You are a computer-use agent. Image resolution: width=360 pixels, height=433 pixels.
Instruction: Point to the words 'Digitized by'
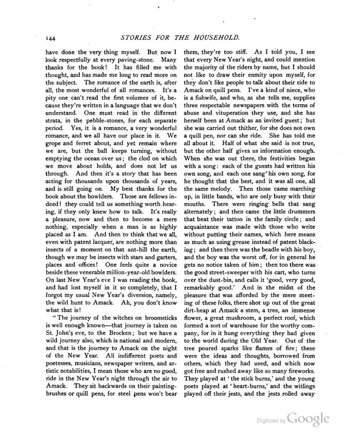pos(270,421)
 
